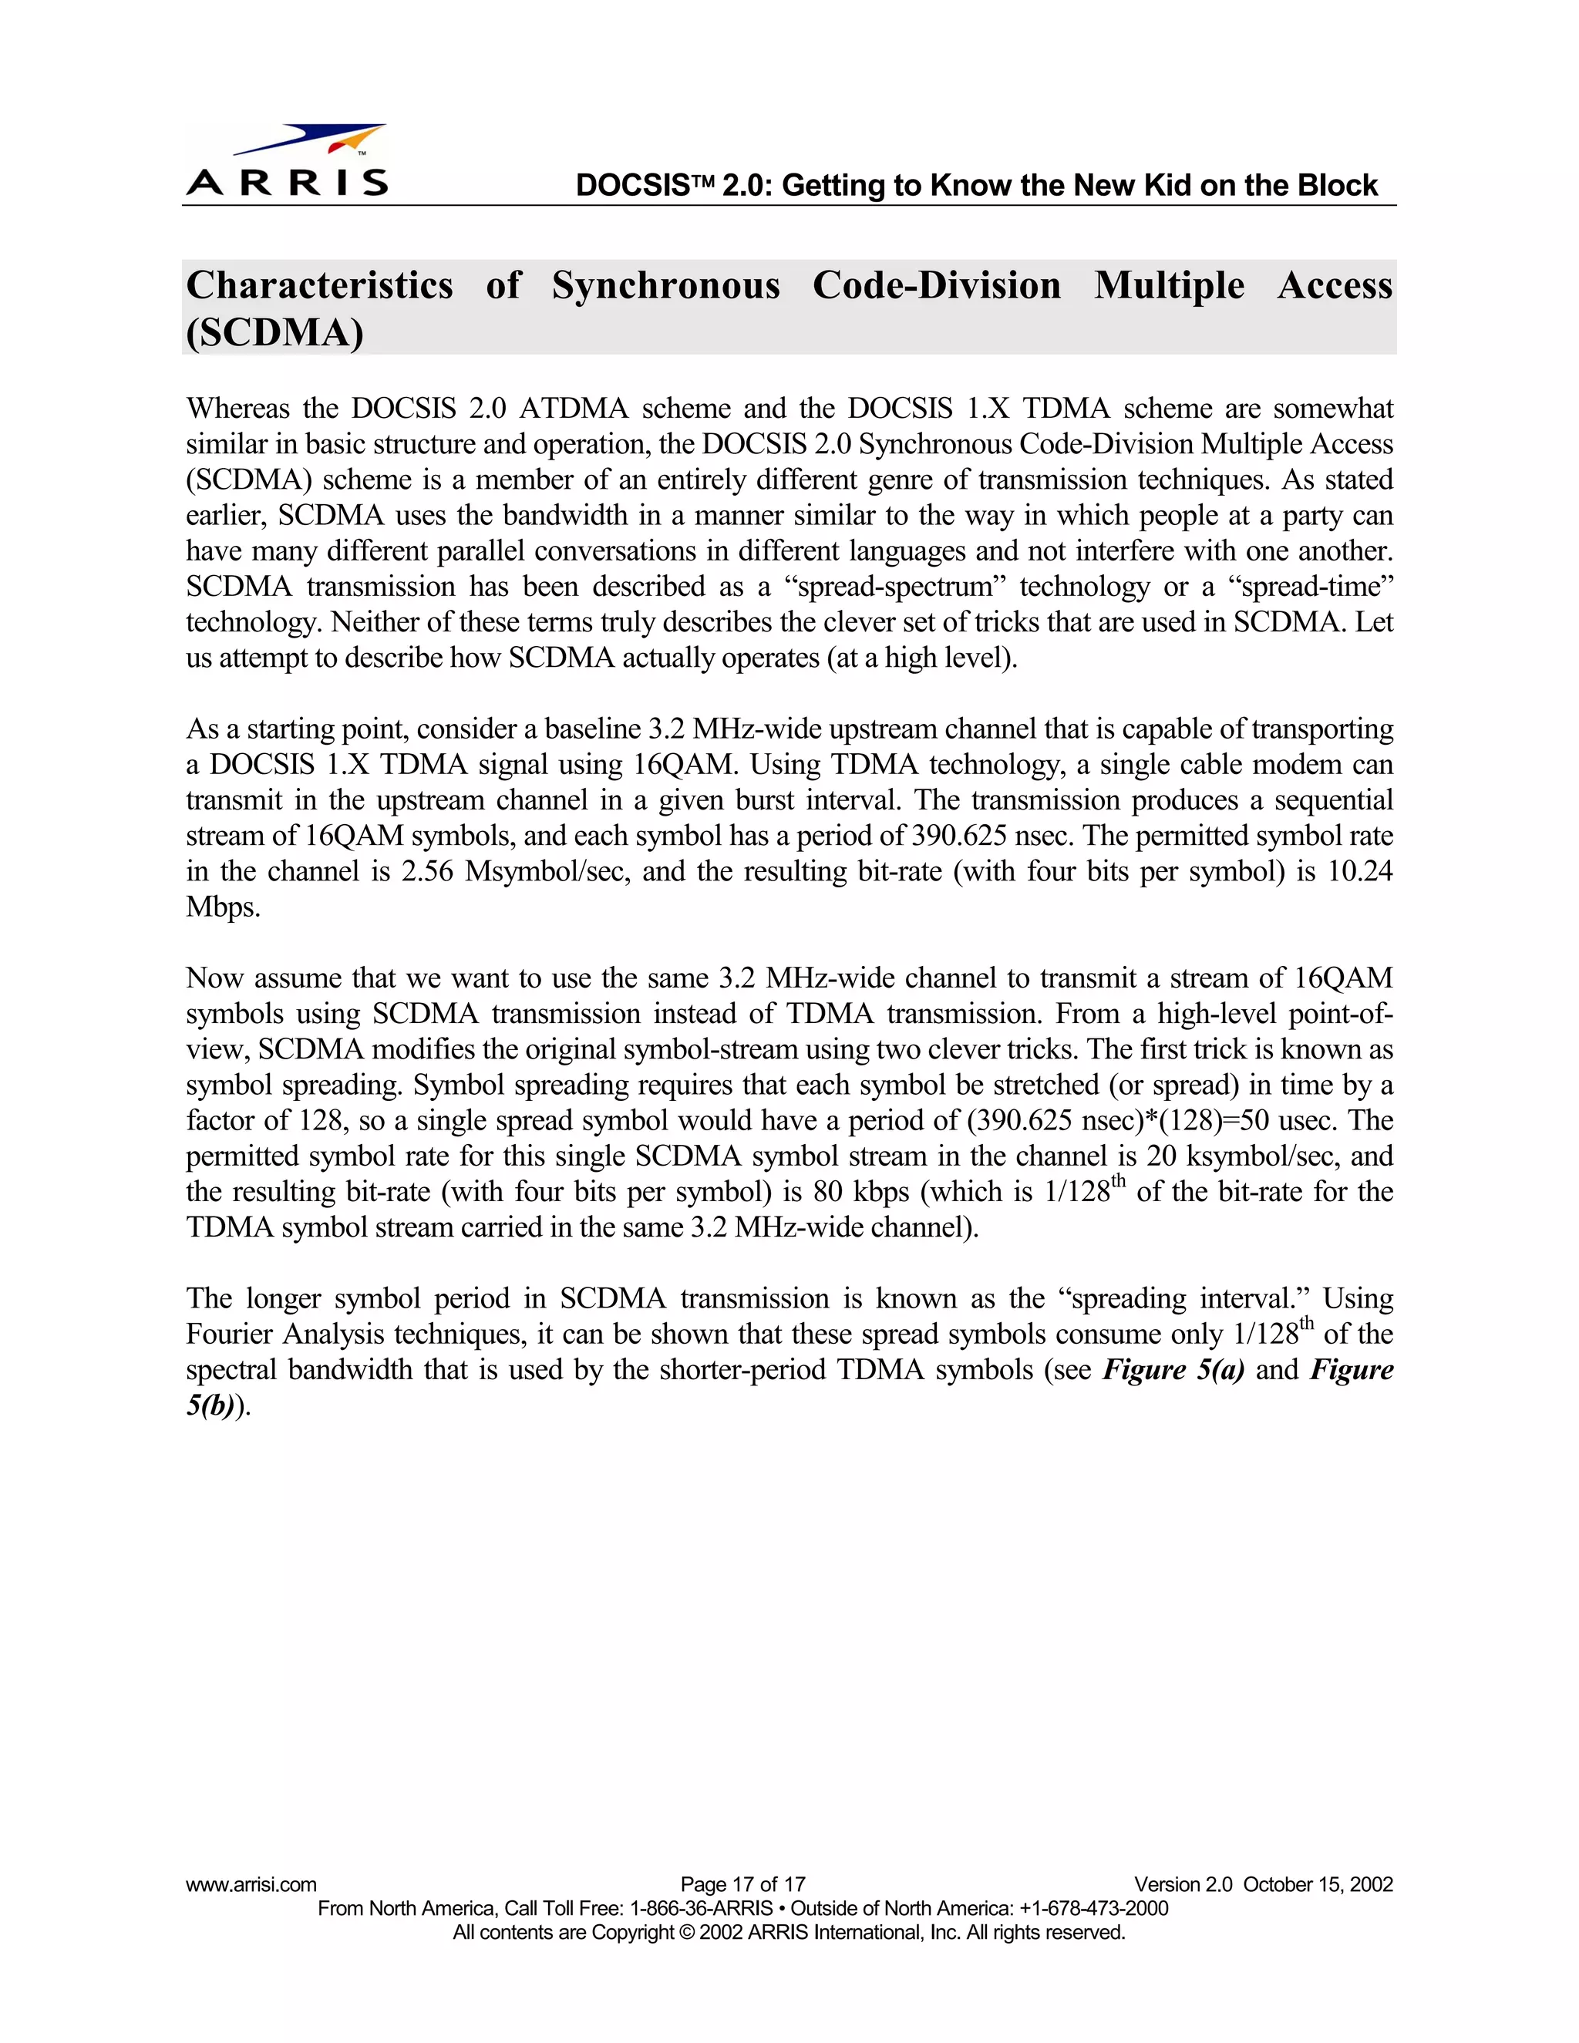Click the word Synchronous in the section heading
[x=665, y=285]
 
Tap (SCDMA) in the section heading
[x=274, y=333]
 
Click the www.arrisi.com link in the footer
[x=251, y=1884]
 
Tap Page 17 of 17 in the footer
[x=742, y=1884]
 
